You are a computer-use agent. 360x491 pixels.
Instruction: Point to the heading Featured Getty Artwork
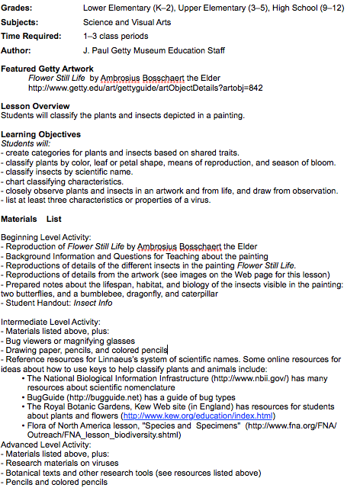pos(47,69)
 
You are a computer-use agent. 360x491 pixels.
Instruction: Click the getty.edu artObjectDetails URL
pos(146,88)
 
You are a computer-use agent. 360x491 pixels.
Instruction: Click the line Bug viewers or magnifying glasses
pos(69,341)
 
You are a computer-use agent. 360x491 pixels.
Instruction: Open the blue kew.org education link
pos(207,416)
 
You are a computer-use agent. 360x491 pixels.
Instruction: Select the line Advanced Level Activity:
pos(46,444)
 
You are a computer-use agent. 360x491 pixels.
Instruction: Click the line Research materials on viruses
pos(62,464)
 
